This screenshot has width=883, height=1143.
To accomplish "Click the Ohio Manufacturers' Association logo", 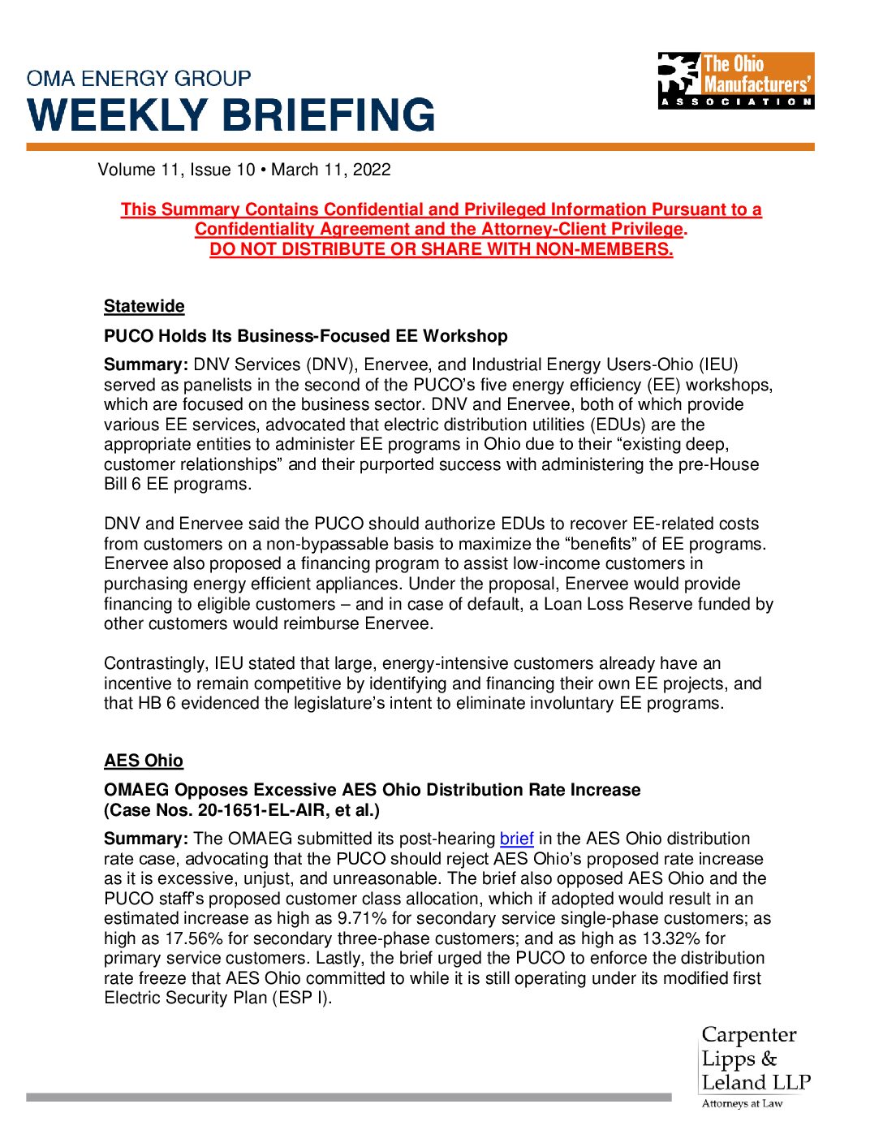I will (x=735, y=80).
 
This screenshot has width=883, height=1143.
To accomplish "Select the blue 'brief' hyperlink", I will (x=516, y=839).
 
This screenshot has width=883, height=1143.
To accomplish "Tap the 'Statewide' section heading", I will (x=144, y=306).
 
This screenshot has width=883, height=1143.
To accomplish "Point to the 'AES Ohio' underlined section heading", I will (x=144, y=761).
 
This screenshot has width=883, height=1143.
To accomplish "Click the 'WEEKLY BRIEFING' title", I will (x=231, y=114).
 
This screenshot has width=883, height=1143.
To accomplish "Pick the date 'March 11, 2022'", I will (x=331, y=170).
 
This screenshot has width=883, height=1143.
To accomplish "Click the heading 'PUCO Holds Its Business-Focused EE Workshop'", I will (x=306, y=336).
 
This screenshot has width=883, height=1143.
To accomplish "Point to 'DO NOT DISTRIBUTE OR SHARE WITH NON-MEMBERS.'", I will (x=441, y=249).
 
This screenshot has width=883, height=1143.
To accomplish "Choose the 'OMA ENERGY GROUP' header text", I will (x=139, y=79).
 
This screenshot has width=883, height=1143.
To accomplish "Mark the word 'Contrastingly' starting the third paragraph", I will (x=154, y=663).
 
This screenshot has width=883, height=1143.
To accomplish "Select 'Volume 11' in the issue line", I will (x=138, y=170).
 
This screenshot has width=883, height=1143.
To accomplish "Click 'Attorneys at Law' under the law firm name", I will (x=742, y=1103).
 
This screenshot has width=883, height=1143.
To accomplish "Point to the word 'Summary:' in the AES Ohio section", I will (x=146, y=839).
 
